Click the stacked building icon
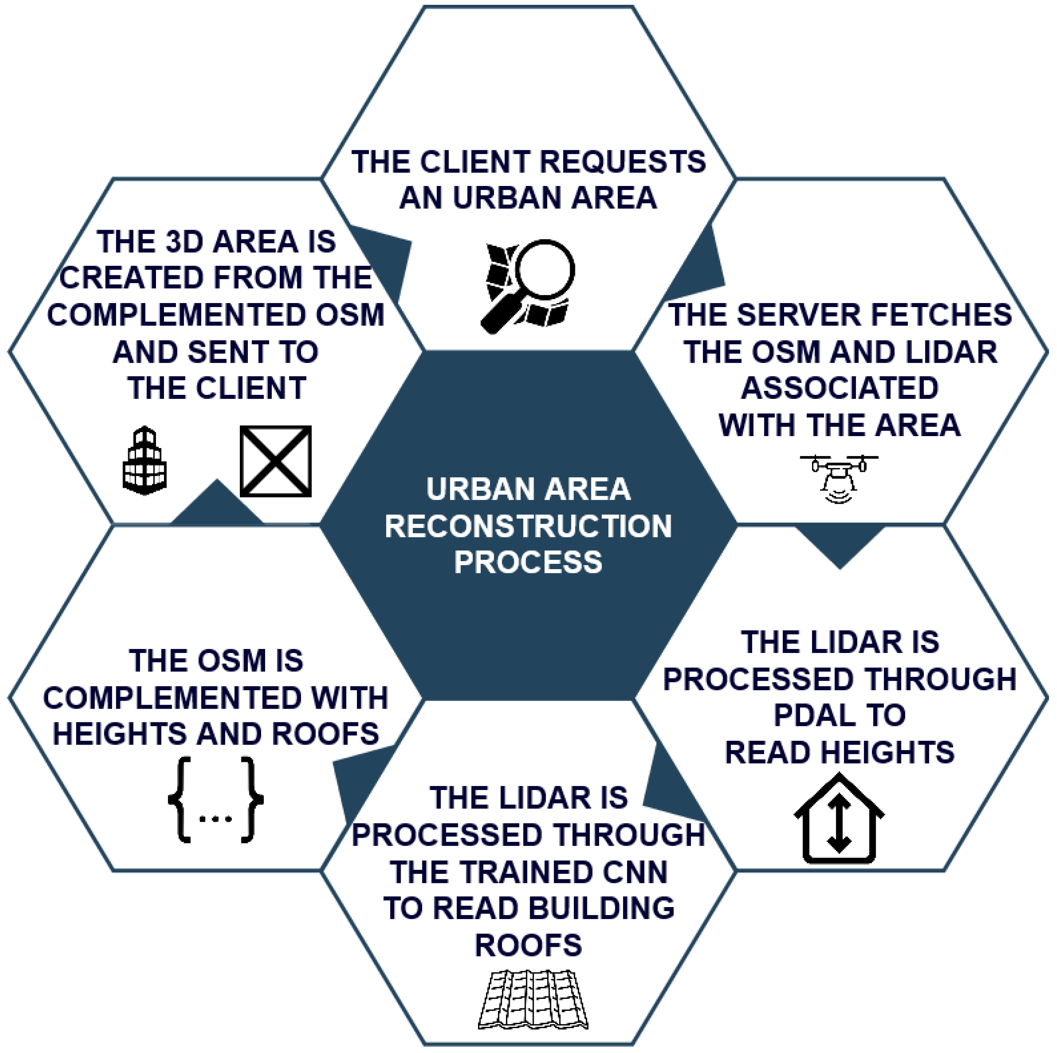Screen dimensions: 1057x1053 point(144,461)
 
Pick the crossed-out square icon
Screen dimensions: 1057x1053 point(276,461)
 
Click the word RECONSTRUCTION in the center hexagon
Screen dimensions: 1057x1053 point(528,526)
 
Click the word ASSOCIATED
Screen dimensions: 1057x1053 point(840,388)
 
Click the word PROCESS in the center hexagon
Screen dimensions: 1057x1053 point(528,562)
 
